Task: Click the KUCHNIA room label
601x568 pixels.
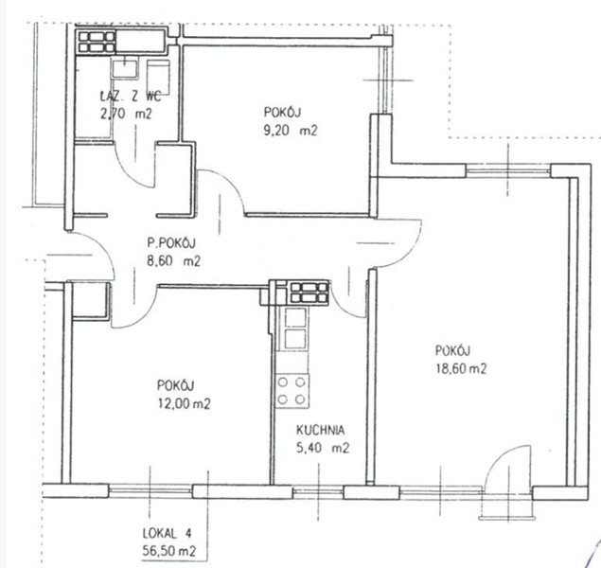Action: [x=320, y=430]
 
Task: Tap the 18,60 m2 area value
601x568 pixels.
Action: [x=461, y=368]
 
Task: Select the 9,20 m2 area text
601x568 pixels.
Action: [x=291, y=131]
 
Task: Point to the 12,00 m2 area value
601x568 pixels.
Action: [x=184, y=403]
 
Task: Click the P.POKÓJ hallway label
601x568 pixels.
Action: [x=171, y=243]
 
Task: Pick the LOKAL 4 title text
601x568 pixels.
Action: [x=167, y=533]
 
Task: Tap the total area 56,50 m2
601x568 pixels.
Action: [x=169, y=552]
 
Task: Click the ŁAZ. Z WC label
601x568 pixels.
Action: [x=131, y=97]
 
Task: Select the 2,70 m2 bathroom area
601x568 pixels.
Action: [x=126, y=114]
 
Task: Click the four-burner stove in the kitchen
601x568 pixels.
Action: [x=292, y=391]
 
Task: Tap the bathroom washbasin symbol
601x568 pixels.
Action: [x=125, y=69]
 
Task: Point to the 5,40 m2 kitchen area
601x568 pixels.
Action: [x=323, y=448]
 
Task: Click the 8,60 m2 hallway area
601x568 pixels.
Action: [x=173, y=261]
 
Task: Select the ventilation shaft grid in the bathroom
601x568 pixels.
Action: [x=97, y=42]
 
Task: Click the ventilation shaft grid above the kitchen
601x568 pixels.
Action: [x=309, y=293]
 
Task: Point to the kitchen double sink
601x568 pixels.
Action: [x=294, y=328]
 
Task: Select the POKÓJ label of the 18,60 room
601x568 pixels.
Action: [x=452, y=350]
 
